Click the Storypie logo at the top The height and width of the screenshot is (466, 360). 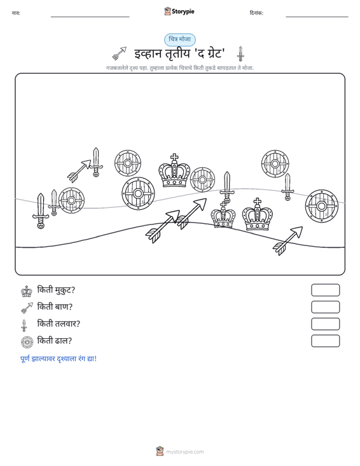[x=179, y=11]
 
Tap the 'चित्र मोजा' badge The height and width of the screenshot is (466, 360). [x=180, y=39]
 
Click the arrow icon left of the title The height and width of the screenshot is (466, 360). [x=119, y=53]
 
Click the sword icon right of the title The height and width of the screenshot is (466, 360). [x=240, y=54]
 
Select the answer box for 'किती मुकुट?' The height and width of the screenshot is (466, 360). [x=325, y=290]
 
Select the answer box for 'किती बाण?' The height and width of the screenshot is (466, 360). [x=325, y=307]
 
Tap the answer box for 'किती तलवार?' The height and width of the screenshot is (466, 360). [x=325, y=324]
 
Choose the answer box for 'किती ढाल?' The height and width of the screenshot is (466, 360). [x=325, y=341]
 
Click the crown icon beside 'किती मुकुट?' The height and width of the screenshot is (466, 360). [x=27, y=291]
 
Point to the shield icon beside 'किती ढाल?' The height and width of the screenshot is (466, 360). [x=27, y=342]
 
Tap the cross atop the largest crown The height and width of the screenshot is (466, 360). [x=174, y=158]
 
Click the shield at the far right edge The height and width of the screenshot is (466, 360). [x=321, y=206]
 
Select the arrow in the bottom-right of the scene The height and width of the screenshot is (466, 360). [x=287, y=241]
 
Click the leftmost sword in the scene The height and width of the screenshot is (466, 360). [x=41, y=211]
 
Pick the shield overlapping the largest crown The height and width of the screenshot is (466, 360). [x=202, y=180]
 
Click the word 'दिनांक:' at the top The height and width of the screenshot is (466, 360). [x=256, y=13]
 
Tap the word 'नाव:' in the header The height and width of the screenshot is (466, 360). [x=16, y=13]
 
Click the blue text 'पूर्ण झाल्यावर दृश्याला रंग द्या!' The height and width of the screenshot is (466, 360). [x=59, y=359]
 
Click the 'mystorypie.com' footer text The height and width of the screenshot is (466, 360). [x=185, y=452]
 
